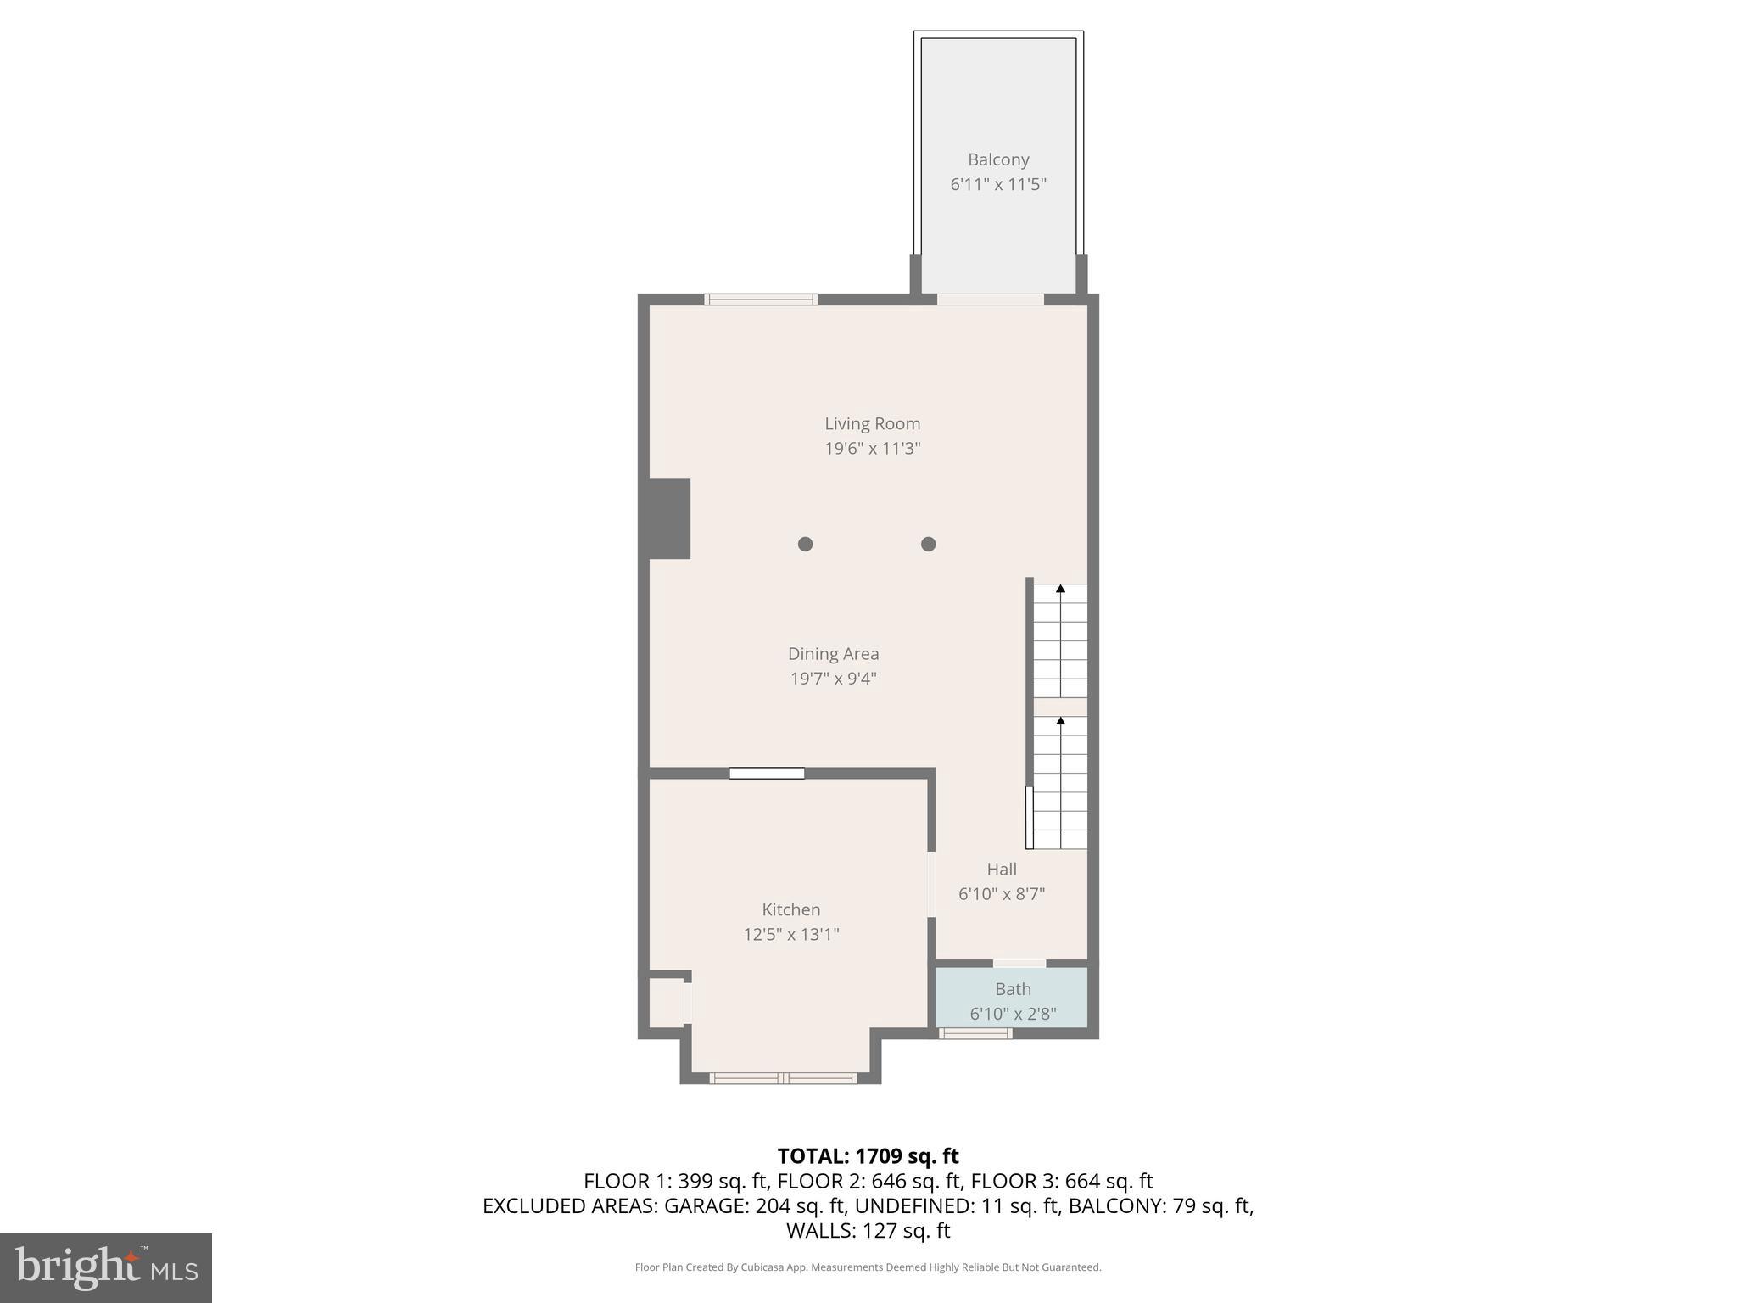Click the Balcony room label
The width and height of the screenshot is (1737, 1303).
pos(998,159)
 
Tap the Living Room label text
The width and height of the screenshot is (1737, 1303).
pos(872,423)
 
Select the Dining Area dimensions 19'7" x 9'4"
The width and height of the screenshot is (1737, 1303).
pos(833,679)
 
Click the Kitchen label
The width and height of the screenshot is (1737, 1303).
pos(790,909)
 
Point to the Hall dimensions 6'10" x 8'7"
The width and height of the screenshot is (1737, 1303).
pos(1001,894)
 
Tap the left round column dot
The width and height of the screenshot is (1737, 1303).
pos(805,544)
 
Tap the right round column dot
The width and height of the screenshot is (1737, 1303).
pos(928,544)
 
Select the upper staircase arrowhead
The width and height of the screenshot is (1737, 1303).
pos(1060,588)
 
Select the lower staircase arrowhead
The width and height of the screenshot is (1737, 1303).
pos(1060,720)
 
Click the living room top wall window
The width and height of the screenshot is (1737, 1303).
pos(761,299)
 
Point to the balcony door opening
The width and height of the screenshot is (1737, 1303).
pos(990,299)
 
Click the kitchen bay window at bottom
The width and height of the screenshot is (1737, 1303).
pos(783,1078)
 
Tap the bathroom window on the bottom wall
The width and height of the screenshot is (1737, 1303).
pos(975,1033)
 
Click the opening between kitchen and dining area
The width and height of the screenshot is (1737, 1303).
pos(767,773)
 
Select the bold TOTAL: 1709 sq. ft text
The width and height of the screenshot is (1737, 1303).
pos(868,1156)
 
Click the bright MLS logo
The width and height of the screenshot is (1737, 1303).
pos(105,1267)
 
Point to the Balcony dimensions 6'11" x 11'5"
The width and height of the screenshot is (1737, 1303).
pos(998,185)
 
